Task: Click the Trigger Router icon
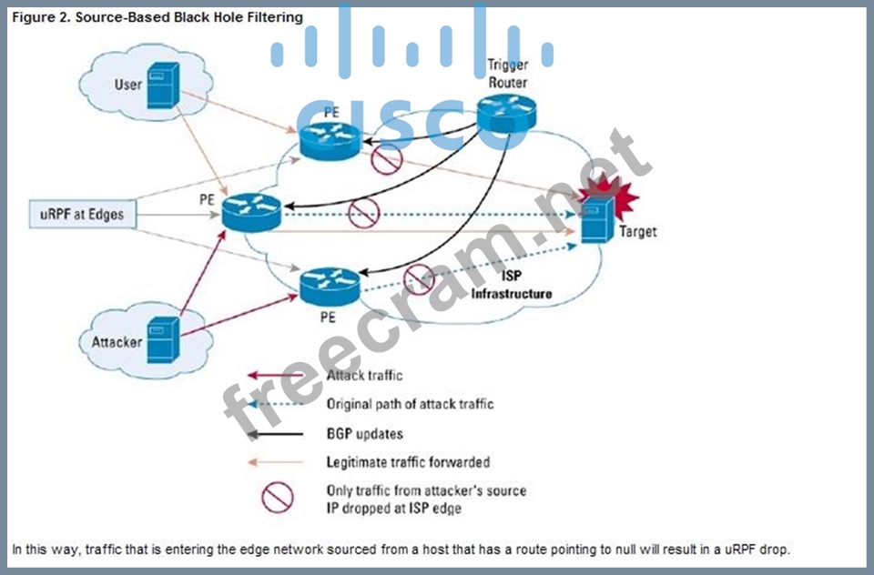(507, 113)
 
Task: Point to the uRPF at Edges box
(82, 215)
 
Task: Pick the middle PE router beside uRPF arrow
(252, 213)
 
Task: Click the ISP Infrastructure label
(512, 285)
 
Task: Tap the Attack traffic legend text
(364, 375)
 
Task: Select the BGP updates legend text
(364, 433)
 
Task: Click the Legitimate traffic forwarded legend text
(408, 462)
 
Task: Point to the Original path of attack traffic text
(410, 403)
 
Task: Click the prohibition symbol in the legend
(278, 498)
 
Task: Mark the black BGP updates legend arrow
(278, 433)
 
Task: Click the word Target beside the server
(637, 232)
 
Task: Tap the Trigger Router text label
(507, 74)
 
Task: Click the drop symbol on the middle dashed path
(364, 213)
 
